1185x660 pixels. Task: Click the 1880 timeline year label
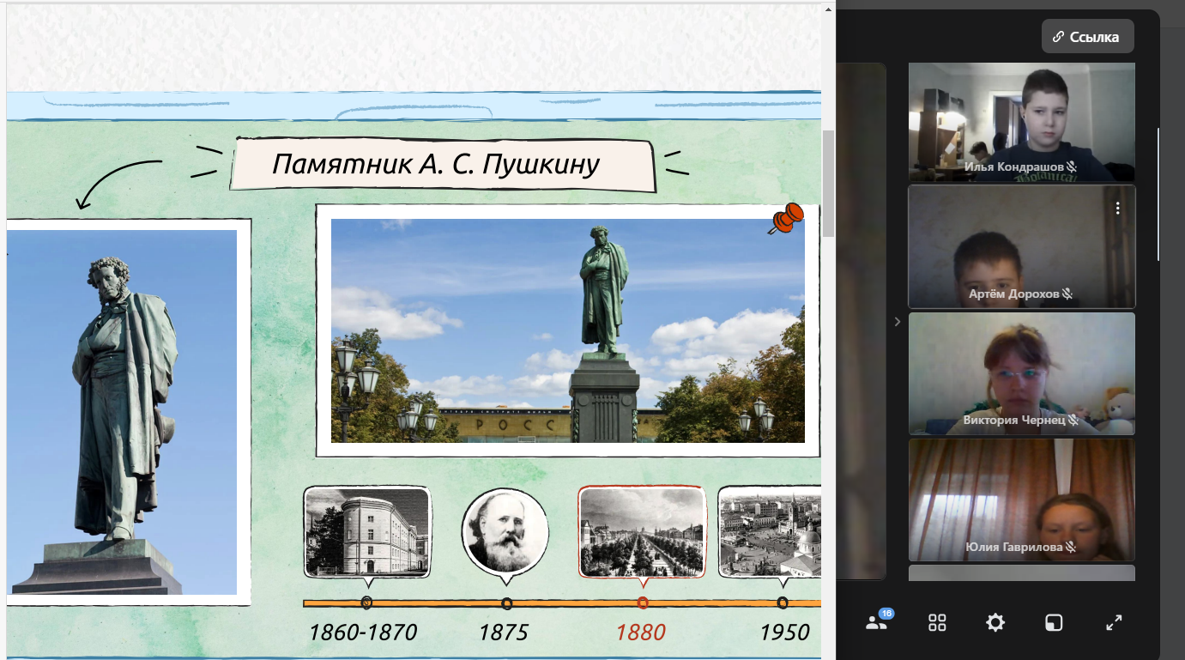click(x=641, y=633)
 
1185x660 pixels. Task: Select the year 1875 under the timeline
click(x=503, y=633)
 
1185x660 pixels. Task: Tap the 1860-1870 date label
click(x=363, y=633)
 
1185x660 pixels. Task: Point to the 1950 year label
click(x=784, y=633)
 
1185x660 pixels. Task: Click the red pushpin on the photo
click(x=787, y=217)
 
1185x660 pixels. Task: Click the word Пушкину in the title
click(x=541, y=164)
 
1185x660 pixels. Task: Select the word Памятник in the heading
click(x=342, y=164)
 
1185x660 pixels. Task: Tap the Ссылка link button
click(x=1088, y=37)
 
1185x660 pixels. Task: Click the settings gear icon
click(x=995, y=622)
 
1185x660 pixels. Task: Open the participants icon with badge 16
click(x=878, y=621)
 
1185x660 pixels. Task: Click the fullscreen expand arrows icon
click(x=1114, y=622)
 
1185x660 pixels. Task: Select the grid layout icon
click(x=937, y=622)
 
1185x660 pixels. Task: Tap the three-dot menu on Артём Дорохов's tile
click(x=1118, y=209)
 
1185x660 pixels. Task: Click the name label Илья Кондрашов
click(x=1013, y=167)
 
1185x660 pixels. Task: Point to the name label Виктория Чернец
click(x=1014, y=420)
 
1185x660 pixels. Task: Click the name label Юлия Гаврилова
click(x=1014, y=547)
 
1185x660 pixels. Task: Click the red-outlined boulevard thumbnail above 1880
click(x=642, y=532)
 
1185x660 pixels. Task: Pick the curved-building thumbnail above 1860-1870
click(x=367, y=532)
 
